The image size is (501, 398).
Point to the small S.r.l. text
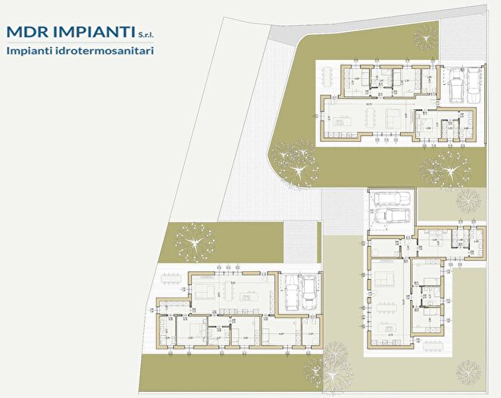pos(146,33)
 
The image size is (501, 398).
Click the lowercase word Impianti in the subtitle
pos(28,50)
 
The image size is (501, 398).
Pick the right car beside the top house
pos(474,83)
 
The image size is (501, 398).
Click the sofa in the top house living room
pos(393,118)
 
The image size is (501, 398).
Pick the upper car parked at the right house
pos(391,199)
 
